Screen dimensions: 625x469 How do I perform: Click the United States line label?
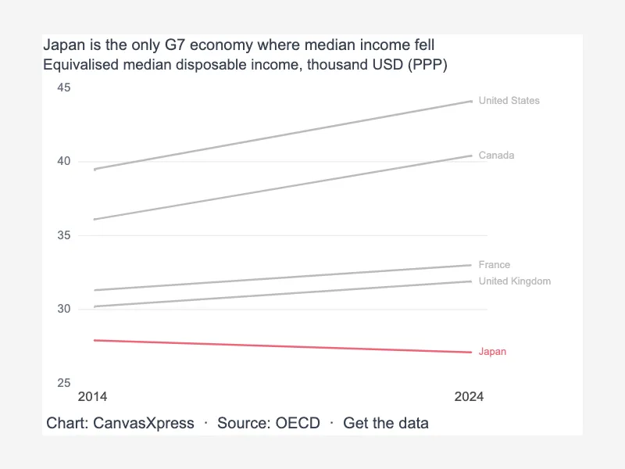(x=509, y=101)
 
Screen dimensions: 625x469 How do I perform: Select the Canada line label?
(x=496, y=155)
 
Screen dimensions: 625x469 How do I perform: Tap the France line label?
(x=495, y=265)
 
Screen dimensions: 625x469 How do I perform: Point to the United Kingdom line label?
(x=515, y=281)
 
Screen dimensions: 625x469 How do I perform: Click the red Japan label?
(x=492, y=351)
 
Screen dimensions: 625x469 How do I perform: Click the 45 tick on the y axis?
(x=64, y=88)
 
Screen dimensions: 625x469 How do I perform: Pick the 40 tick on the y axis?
(x=64, y=161)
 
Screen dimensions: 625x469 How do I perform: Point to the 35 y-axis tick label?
(x=64, y=235)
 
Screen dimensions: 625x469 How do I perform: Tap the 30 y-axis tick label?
(x=64, y=309)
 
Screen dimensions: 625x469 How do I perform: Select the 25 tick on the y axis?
(x=64, y=383)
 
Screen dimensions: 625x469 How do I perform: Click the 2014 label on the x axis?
(x=92, y=396)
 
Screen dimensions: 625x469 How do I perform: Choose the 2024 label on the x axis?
(x=470, y=396)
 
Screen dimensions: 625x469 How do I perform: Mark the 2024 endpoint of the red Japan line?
(x=471, y=353)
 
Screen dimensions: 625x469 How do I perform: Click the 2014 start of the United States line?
(x=95, y=170)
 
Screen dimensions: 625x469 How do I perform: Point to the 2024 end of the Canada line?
(x=471, y=156)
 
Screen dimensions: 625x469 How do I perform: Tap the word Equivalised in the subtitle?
(x=81, y=65)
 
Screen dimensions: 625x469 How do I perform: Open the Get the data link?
(x=386, y=423)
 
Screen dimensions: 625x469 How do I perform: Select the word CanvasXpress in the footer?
(x=144, y=423)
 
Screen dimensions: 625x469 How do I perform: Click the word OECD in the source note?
(x=298, y=423)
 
